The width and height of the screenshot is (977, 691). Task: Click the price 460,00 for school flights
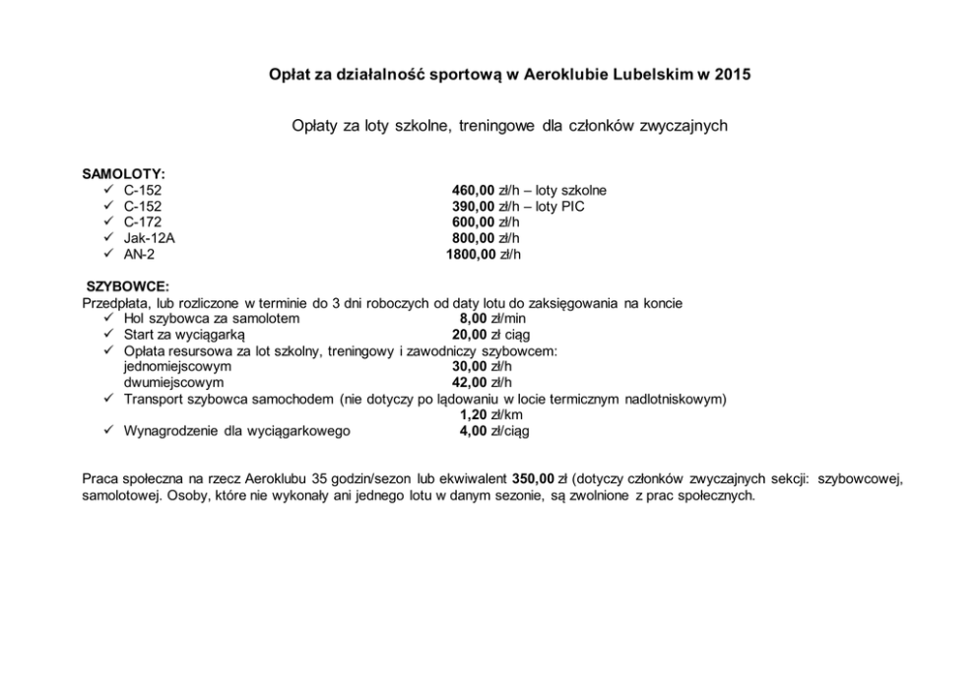473,190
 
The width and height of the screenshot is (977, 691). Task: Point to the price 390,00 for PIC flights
473,207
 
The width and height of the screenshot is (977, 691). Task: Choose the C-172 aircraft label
143,222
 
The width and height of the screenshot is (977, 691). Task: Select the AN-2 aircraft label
140,254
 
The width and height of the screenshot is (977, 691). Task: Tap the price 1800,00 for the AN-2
471,254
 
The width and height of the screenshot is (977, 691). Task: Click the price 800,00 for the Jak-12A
473,238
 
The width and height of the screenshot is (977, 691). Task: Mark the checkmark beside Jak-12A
108,238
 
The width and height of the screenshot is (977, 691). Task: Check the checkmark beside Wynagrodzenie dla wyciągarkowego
108,430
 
